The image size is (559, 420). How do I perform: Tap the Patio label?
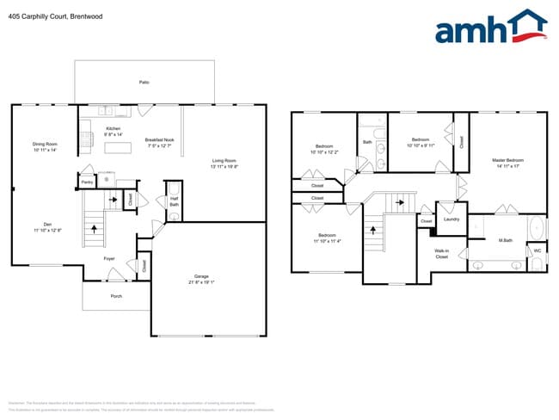(144, 82)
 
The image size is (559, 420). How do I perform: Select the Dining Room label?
(44, 144)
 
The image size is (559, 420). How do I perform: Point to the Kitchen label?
(113, 128)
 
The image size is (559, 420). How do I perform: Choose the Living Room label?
(224, 161)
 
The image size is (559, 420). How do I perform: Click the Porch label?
(116, 296)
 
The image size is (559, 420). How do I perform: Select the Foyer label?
(109, 258)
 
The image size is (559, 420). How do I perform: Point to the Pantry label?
(87, 182)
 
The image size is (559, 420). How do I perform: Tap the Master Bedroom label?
(507, 160)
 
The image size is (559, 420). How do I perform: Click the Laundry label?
(451, 219)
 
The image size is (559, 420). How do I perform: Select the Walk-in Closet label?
(441, 254)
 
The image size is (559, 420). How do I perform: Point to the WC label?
(537, 251)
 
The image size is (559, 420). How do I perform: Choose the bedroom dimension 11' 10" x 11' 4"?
(327, 241)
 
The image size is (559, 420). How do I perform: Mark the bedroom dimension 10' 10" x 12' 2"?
(324, 152)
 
